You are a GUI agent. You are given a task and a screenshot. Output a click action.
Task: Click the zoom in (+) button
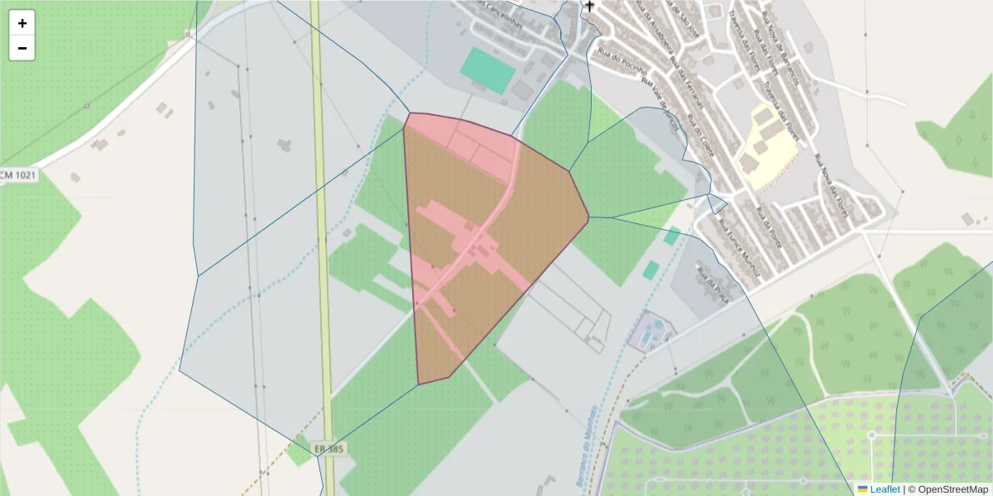(22, 23)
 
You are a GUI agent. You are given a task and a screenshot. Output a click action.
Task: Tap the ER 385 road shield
(329, 449)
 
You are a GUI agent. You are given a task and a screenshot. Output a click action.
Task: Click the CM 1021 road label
(18, 175)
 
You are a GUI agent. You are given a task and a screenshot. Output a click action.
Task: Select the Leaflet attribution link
(885, 489)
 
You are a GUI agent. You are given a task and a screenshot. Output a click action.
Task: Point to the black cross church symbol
(589, 7)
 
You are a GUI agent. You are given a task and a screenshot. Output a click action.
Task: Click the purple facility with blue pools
(651, 331)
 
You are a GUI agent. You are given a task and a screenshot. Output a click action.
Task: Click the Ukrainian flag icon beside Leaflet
(862, 489)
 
